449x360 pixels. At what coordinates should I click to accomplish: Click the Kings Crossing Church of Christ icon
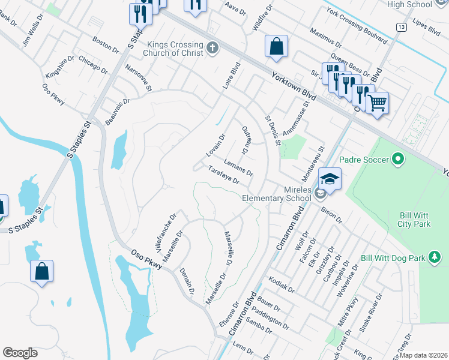pos(211,47)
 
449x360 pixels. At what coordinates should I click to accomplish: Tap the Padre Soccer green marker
pos(397,160)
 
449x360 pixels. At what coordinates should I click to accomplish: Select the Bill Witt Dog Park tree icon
pos(435,258)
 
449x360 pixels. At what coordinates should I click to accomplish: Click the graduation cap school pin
pos(330,179)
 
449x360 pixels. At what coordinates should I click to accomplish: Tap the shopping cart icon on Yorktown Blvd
pos(377,103)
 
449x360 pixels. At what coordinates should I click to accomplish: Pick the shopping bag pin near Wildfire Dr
pos(276,47)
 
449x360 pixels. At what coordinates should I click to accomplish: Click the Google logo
pos(20,352)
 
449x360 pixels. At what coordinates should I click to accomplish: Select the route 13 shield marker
pos(400,27)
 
